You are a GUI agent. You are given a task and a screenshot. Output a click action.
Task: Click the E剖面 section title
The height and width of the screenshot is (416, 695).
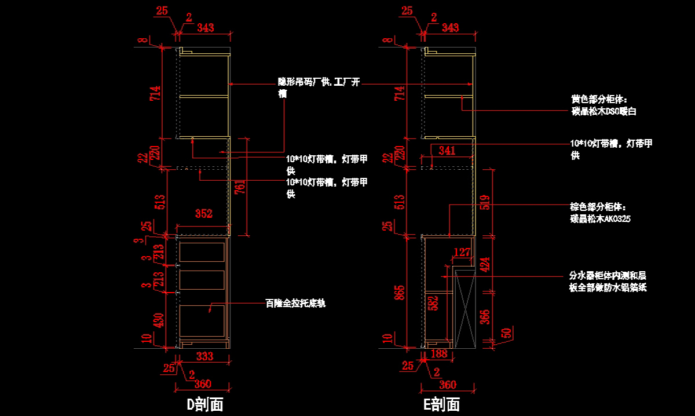click(441, 404)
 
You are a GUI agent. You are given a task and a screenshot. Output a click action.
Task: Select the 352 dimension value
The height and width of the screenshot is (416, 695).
click(203, 214)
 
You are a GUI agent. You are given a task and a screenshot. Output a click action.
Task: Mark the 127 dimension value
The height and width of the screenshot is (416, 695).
click(462, 252)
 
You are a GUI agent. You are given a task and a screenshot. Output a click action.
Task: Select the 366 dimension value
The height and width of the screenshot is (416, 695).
click(485, 316)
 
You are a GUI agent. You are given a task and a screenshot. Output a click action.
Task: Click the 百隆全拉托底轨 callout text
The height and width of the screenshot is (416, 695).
click(295, 303)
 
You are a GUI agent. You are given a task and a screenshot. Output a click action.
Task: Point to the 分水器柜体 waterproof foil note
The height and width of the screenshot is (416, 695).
click(608, 282)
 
